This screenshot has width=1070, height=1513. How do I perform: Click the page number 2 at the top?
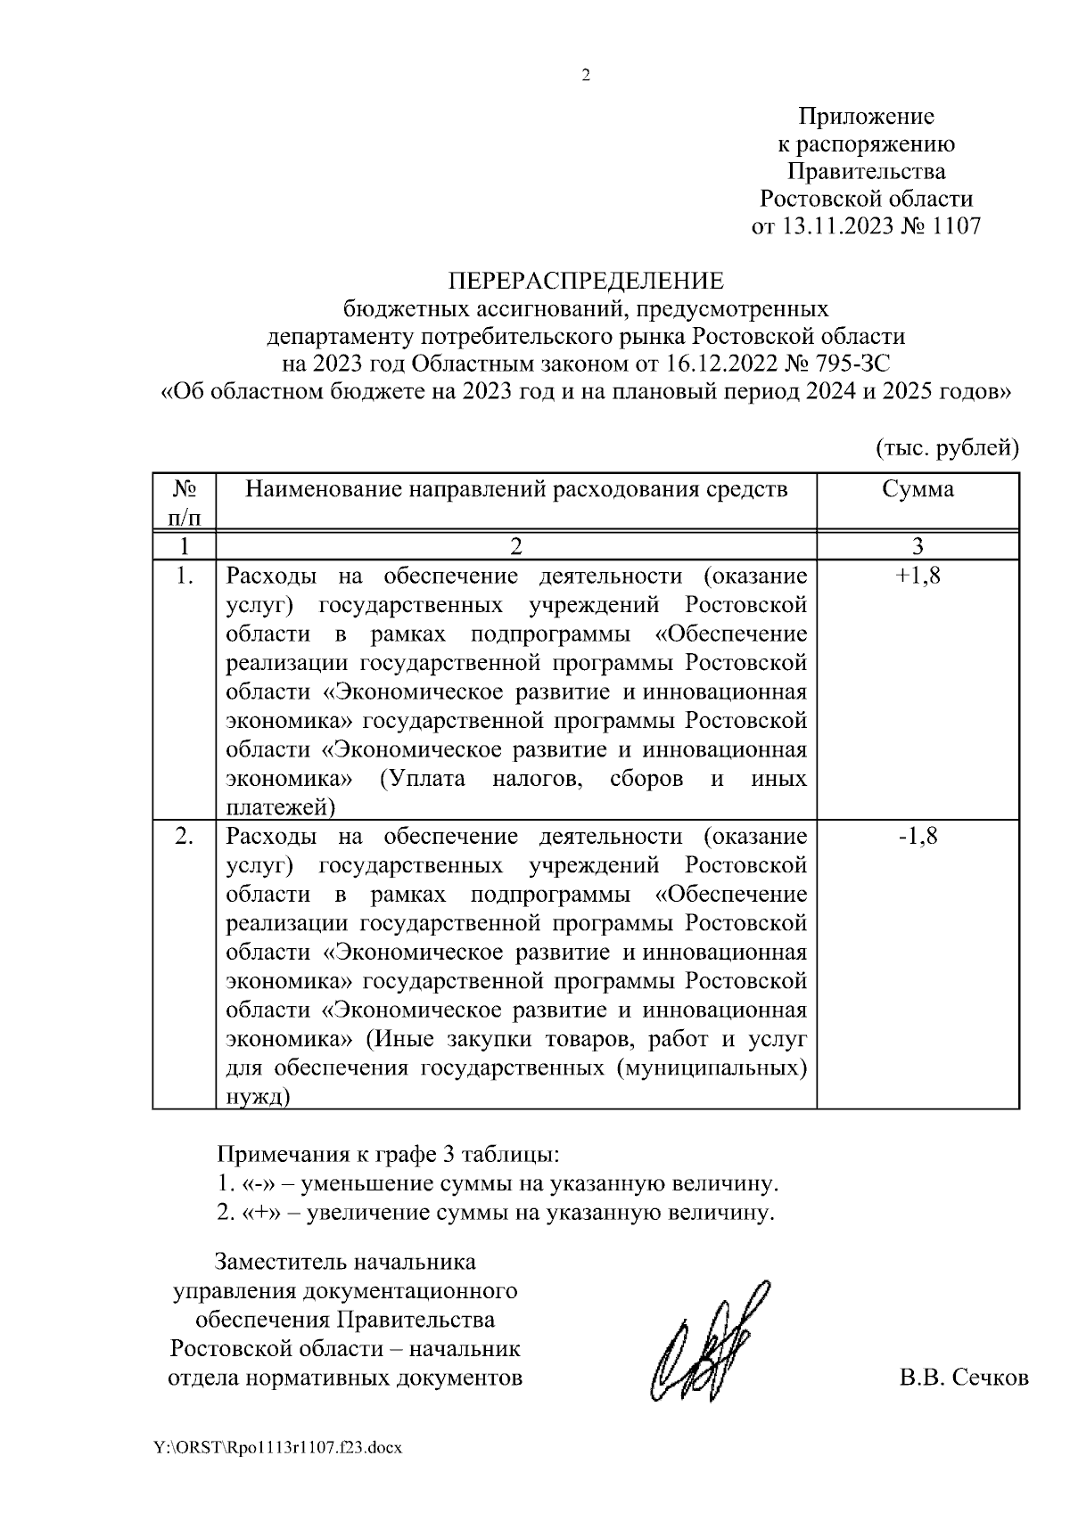click(586, 76)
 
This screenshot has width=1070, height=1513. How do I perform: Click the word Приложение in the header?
click(866, 117)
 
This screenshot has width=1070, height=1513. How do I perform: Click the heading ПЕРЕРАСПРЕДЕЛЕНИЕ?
click(586, 282)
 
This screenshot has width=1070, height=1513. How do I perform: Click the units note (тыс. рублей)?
click(947, 447)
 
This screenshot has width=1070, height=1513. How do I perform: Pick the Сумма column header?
click(918, 489)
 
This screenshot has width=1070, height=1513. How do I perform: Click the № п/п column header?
click(185, 502)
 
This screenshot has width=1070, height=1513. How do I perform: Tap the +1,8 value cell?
click(918, 576)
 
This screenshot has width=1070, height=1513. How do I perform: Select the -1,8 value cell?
click(918, 837)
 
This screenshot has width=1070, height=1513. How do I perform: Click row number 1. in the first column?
click(185, 576)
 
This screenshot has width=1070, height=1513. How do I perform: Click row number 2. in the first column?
click(185, 837)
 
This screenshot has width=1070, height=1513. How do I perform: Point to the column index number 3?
click(918, 545)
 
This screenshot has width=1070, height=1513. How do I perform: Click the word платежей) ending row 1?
click(281, 807)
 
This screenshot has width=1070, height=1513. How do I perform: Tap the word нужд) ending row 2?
click(259, 1096)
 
